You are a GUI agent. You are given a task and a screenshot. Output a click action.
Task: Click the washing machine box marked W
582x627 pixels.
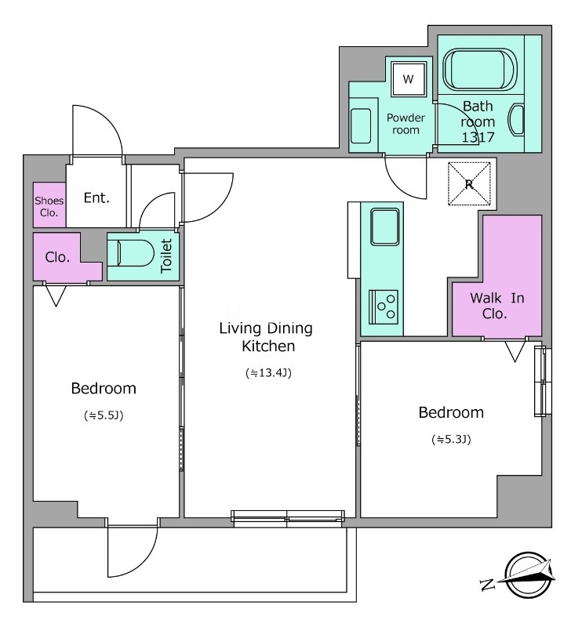[409, 79]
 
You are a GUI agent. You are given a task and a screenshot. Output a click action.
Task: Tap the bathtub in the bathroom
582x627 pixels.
[480, 70]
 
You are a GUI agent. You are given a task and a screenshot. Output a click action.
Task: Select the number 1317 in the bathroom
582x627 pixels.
[478, 137]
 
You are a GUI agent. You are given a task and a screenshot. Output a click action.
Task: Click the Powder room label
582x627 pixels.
[406, 124]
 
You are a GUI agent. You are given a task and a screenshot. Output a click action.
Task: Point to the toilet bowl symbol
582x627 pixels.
[131, 252]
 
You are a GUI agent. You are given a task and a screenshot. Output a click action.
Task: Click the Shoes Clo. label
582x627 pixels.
[49, 206]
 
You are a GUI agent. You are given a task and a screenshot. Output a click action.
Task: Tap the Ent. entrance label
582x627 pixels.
[96, 198]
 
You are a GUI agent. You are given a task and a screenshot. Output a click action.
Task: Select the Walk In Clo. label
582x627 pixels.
[497, 306]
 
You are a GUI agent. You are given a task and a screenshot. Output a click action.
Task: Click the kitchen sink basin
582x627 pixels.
[384, 227]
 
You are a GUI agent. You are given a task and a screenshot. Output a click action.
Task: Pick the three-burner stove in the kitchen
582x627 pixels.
[384, 307]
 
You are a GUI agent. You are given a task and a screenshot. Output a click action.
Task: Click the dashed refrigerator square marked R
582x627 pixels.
[469, 183]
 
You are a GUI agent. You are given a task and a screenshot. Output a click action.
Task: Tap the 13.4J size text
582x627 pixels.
[268, 373]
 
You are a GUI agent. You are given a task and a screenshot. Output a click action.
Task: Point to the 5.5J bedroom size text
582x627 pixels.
[104, 416]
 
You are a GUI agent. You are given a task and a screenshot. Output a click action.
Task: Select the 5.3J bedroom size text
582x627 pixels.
[451, 440]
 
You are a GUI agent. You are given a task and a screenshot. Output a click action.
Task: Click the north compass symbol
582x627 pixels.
[520, 576]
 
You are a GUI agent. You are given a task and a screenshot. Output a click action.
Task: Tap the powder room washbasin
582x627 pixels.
[361, 125]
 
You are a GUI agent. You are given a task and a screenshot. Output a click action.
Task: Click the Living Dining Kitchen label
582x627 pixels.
[266, 337]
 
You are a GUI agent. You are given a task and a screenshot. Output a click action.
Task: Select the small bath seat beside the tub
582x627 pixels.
[516, 121]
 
